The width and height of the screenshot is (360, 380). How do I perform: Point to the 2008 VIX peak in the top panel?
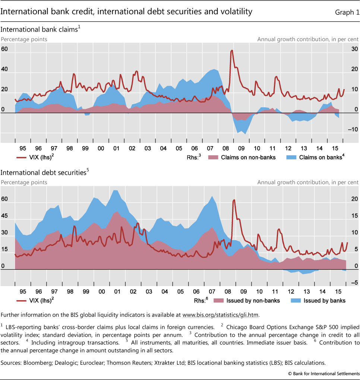(x=232, y=50)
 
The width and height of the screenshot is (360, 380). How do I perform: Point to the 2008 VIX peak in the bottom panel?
(x=234, y=200)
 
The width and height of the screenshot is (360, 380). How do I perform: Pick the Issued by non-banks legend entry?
(x=245, y=300)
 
